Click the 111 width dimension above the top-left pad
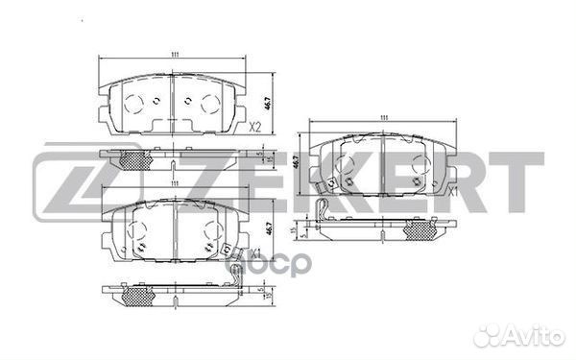tap(174, 56)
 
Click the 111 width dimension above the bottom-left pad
tap(174, 183)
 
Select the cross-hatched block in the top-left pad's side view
tap(133, 159)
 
